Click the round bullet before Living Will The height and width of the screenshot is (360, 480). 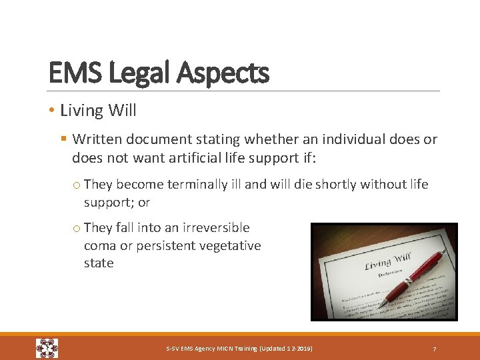click(52, 110)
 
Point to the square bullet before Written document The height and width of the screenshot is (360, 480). click(64, 139)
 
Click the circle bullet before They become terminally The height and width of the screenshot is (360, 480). click(77, 185)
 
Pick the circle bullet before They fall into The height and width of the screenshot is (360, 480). click(77, 228)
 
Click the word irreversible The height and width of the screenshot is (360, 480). click(217, 227)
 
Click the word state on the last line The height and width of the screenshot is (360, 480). click(99, 263)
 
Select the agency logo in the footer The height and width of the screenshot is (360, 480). click(47, 349)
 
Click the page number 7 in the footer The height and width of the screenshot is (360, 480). click(435, 349)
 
